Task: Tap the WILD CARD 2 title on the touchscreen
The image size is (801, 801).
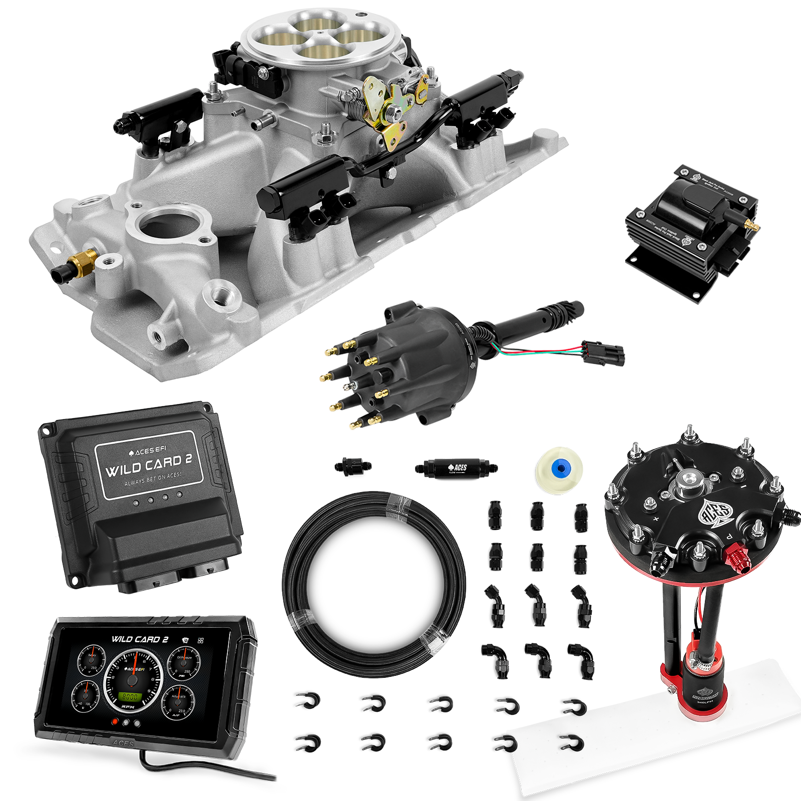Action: click(x=140, y=639)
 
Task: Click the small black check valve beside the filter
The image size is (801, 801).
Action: click(x=353, y=467)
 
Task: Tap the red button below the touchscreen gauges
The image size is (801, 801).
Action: click(x=115, y=722)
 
